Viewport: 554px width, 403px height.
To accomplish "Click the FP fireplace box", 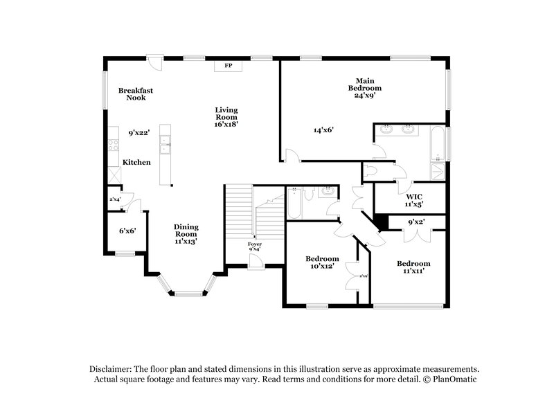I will (x=227, y=66).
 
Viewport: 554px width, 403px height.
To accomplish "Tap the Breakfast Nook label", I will (x=136, y=94).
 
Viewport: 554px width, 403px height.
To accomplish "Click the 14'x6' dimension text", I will (x=324, y=129).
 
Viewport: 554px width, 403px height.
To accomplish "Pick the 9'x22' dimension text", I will (x=139, y=132).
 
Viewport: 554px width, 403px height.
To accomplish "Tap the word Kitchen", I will (x=136, y=162).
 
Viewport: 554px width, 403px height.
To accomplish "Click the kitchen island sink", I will (x=166, y=146).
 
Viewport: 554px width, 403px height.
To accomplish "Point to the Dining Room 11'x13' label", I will (x=186, y=234).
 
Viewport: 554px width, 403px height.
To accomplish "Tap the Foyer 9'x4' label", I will (x=255, y=247).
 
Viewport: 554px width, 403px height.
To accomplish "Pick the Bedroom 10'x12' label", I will (x=323, y=262).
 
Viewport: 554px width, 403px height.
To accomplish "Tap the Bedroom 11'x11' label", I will (x=413, y=267).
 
